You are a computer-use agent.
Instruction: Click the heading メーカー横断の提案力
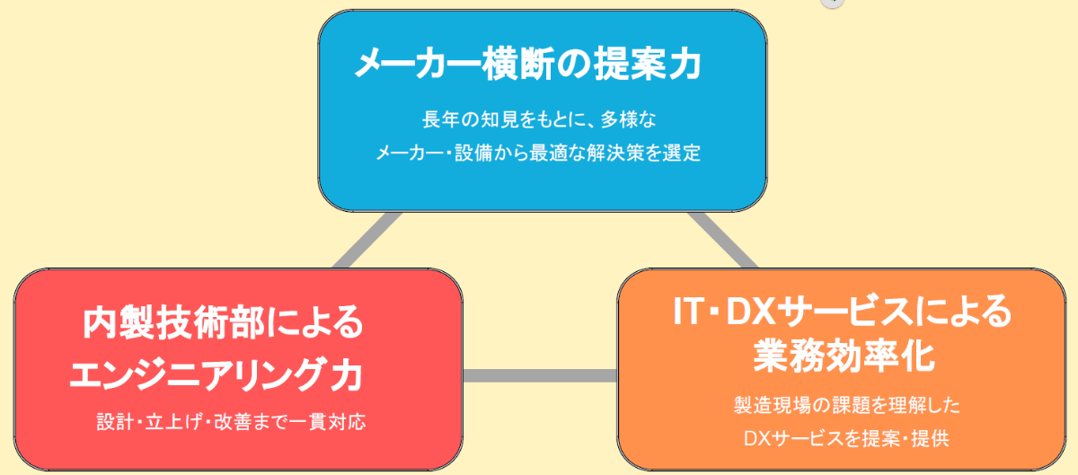click(x=528, y=64)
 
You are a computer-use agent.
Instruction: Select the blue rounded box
click(x=543, y=110)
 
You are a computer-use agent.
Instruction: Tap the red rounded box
click(x=238, y=369)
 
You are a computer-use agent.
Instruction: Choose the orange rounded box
click(x=841, y=369)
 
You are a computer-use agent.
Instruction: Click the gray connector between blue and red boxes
click(x=367, y=240)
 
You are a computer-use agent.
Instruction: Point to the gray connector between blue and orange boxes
click(x=723, y=240)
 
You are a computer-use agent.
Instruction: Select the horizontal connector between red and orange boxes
click(x=540, y=375)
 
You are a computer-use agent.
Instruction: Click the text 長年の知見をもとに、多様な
click(x=539, y=119)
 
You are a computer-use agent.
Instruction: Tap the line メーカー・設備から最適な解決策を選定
click(x=538, y=153)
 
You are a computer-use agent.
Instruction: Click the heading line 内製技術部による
click(x=223, y=322)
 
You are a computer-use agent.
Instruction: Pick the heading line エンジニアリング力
click(x=216, y=374)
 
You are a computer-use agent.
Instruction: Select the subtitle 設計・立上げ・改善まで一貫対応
click(x=231, y=422)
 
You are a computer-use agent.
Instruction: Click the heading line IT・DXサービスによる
click(x=843, y=312)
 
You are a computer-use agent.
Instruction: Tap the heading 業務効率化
click(x=844, y=356)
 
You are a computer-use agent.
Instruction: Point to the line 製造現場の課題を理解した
click(x=846, y=405)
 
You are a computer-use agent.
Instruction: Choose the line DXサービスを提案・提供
click(x=846, y=438)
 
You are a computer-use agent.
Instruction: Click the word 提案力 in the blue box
click(x=648, y=64)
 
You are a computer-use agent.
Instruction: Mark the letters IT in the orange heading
click(x=689, y=312)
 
